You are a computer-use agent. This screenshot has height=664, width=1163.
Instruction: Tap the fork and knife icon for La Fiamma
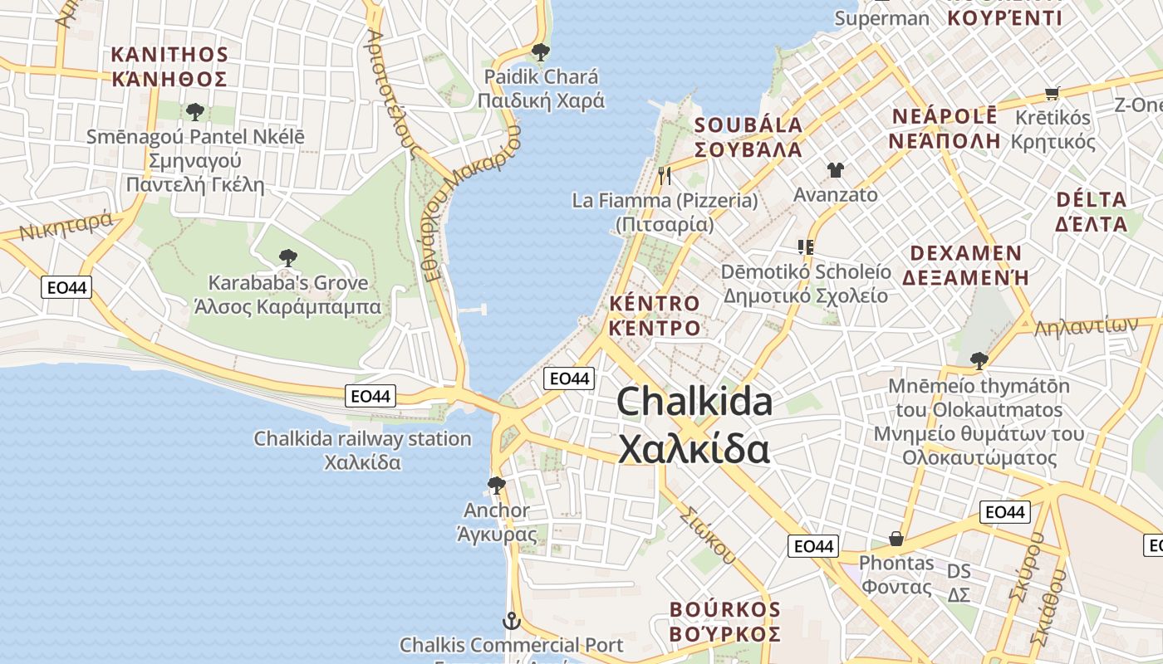(664, 175)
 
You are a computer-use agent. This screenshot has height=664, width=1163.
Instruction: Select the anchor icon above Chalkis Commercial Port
(512, 620)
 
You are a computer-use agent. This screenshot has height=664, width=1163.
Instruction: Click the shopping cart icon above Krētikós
(1053, 94)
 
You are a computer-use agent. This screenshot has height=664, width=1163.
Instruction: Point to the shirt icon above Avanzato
(835, 170)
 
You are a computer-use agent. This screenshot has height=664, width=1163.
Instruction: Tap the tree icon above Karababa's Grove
(288, 257)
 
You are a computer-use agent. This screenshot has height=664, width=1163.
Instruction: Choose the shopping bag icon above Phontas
(896, 539)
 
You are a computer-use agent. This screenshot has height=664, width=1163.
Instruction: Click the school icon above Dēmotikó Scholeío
(805, 247)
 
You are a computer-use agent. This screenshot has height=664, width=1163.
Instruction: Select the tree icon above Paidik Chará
(541, 52)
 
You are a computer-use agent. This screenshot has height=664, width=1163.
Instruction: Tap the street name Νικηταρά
(66, 226)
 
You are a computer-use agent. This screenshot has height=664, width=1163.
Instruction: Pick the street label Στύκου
(707, 534)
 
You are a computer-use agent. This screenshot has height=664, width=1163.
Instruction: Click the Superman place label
(881, 18)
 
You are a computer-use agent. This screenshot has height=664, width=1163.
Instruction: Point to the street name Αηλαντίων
(1085, 327)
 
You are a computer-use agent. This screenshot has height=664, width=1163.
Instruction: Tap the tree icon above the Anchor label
(497, 484)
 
